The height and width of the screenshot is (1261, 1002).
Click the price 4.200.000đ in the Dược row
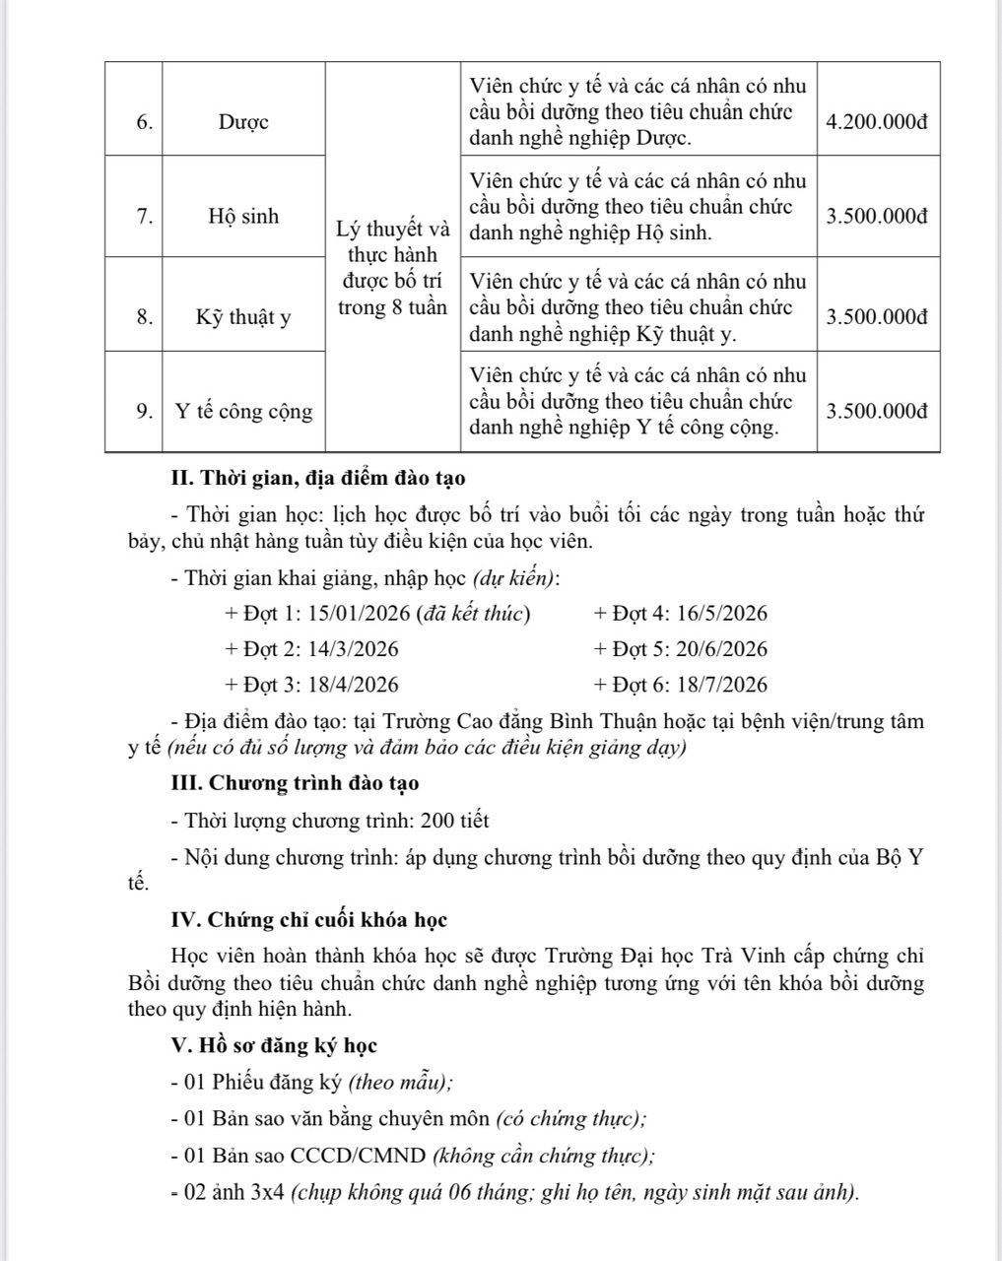click(877, 122)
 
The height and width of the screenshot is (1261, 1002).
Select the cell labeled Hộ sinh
click(243, 217)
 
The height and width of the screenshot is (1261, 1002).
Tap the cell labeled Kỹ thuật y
click(243, 317)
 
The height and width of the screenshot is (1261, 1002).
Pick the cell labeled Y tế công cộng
click(243, 412)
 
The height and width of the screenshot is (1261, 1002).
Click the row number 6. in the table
click(144, 122)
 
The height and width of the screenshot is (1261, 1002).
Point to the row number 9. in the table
click(144, 412)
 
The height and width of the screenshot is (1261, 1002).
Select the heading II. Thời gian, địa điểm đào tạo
click(318, 479)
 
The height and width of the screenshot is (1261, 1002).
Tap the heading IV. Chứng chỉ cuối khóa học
click(309, 920)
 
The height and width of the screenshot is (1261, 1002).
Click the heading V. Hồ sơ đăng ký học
click(274, 1045)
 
